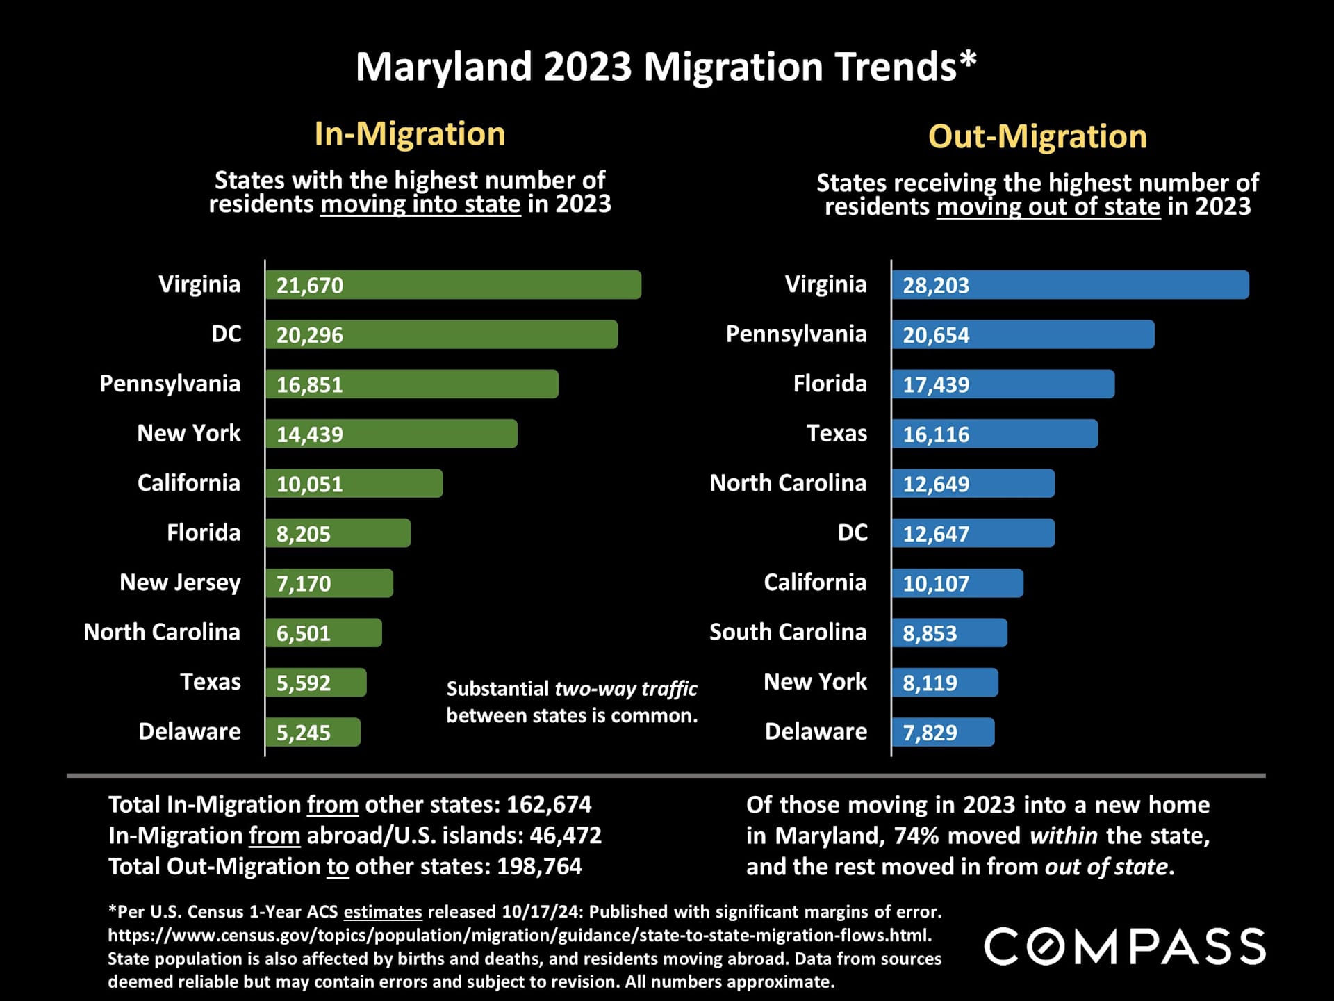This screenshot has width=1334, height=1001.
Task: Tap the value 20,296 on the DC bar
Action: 310,335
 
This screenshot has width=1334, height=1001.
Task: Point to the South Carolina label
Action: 788,632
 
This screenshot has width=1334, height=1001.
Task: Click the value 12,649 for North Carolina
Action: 936,484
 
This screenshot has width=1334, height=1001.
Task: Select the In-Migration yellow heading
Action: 410,133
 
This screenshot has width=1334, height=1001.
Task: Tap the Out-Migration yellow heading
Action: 1037,136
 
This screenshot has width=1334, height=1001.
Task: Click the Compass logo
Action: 1125,947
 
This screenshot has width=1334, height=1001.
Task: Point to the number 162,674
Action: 549,804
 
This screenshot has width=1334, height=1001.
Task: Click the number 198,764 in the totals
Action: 539,866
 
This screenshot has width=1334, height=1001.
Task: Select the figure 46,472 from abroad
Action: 566,835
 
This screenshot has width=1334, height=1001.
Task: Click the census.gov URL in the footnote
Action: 520,935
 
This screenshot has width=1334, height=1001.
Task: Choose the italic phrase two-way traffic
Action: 625,688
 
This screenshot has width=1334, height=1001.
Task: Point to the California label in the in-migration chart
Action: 188,482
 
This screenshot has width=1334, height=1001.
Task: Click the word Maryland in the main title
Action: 443,67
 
